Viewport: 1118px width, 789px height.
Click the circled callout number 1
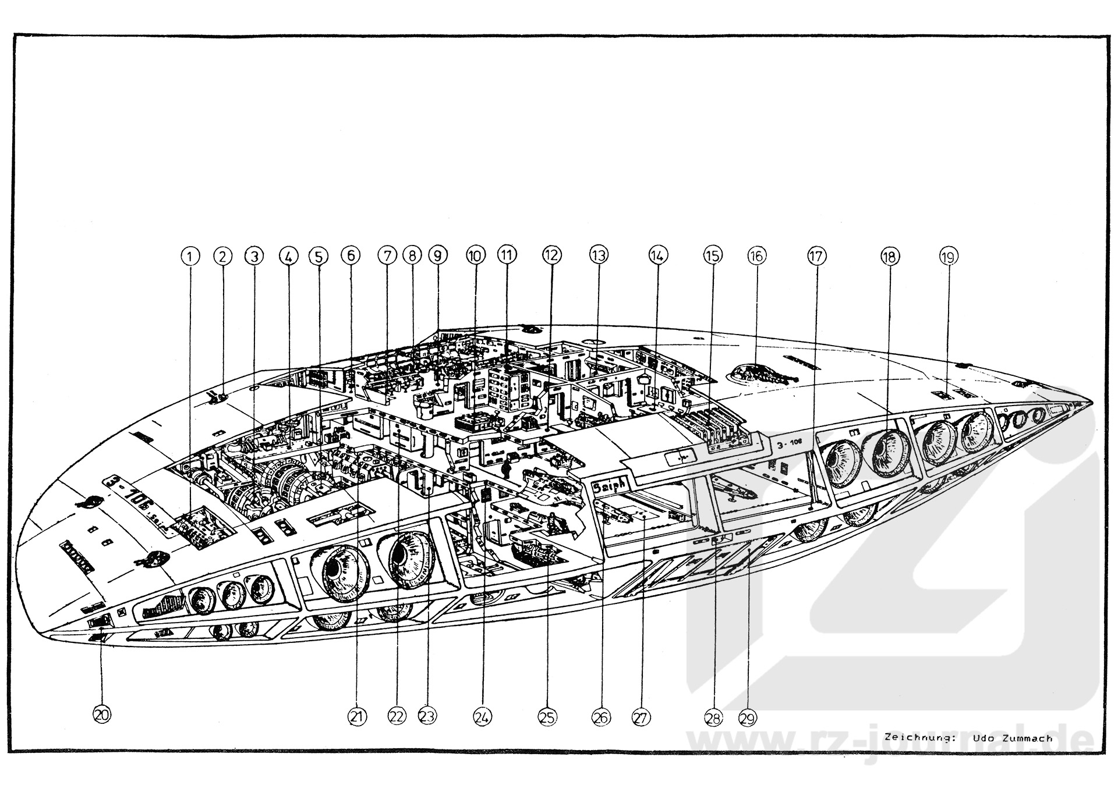190,255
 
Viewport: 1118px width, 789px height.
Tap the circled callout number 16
756,255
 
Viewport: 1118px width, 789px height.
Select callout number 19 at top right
949,255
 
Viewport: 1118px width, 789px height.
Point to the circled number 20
102,715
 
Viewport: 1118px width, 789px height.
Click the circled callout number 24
480,717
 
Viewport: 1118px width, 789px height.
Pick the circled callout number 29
748,718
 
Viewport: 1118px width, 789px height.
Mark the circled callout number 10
475,255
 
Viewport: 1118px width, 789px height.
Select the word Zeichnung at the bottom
919,738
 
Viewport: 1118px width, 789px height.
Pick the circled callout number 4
288,255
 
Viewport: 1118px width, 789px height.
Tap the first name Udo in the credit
983,738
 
